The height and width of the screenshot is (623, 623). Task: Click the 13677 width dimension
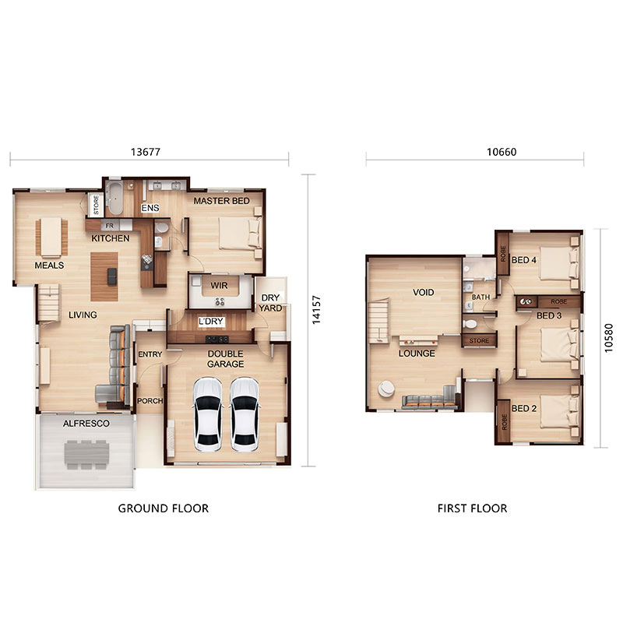(146, 152)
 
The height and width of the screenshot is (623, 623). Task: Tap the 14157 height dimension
(316, 310)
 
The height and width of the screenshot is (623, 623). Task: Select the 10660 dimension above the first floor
(502, 152)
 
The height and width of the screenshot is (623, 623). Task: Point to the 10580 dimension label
(609, 338)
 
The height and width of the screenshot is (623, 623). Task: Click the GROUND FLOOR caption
(164, 509)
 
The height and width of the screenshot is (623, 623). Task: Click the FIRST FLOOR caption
(472, 509)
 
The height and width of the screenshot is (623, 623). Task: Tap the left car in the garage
(207, 415)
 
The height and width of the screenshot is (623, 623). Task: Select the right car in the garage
(245, 415)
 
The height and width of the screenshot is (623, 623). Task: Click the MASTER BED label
(221, 201)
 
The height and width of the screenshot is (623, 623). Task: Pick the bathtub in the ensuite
(115, 198)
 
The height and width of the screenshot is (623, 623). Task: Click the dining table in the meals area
(51, 237)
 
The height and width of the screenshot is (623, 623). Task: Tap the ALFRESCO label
(86, 424)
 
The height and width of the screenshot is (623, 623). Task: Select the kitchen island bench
(104, 276)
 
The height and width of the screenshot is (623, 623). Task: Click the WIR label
(219, 286)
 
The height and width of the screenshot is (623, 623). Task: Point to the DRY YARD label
(270, 303)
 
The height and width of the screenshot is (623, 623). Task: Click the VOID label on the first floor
(423, 293)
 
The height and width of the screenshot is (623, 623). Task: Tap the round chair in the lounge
(385, 389)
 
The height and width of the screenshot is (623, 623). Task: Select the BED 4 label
(523, 260)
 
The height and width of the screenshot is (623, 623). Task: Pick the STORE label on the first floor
(479, 340)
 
